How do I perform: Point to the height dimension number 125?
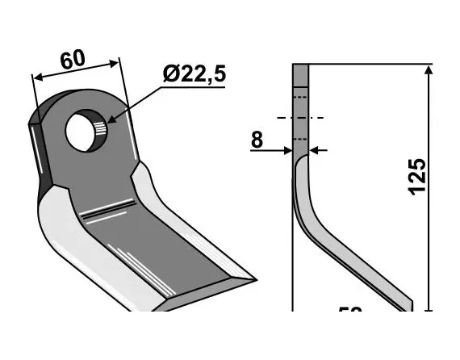click(416, 176)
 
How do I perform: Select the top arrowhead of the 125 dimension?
click(427, 71)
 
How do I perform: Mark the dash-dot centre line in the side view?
click(300, 118)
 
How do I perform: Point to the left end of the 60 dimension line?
click(35, 77)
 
